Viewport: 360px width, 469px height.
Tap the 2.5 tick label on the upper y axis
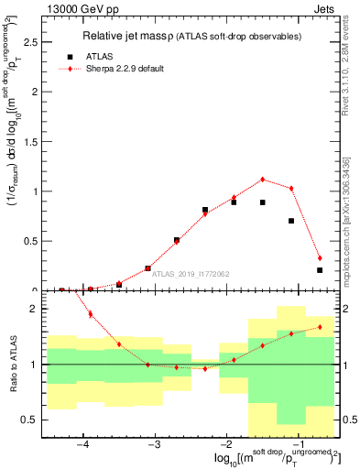[x=30, y=42]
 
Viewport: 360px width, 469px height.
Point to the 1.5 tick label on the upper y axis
[x=30, y=142]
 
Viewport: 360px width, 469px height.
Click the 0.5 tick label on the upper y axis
[x=30, y=242]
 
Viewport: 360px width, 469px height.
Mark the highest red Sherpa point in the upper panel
[x=263, y=180]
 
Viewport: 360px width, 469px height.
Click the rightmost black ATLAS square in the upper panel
[x=320, y=270]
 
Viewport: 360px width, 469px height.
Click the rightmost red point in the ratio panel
[x=320, y=326]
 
